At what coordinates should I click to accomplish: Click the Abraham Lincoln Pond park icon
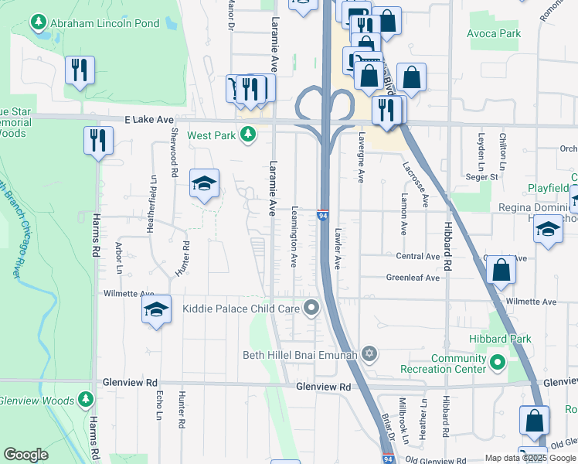tap(39, 24)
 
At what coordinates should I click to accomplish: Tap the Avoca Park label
tap(494, 33)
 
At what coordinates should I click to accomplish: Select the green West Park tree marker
tap(247, 135)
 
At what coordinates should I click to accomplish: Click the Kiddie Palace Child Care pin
tap(311, 309)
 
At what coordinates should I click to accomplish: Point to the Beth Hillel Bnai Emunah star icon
tap(369, 354)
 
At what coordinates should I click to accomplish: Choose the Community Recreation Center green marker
tap(496, 362)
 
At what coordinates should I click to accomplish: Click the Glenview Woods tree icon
tap(87, 400)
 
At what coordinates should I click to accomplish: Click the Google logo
tap(26, 455)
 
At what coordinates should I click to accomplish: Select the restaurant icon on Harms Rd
tap(98, 140)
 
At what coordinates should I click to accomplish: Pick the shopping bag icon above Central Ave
tap(501, 271)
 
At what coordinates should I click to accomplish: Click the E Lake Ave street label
tap(149, 120)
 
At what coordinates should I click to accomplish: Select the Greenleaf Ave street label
tap(413, 278)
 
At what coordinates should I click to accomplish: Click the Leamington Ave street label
tap(294, 237)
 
